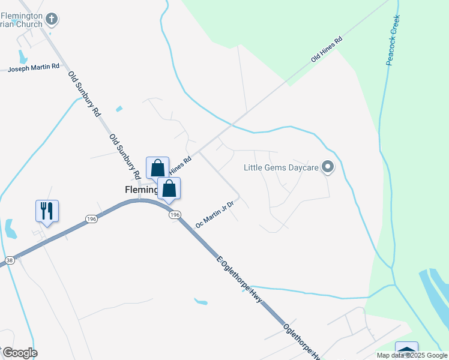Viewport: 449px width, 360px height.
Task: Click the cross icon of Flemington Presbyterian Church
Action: point(52,19)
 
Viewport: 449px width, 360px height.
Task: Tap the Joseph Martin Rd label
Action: point(34,68)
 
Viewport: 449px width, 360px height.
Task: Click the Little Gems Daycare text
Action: point(280,167)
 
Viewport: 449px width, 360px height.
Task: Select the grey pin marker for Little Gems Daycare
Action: point(327,167)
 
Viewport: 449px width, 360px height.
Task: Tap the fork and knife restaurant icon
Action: point(47,211)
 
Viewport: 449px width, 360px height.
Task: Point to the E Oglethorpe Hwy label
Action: point(240,278)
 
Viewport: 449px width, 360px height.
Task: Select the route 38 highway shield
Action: point(9,260)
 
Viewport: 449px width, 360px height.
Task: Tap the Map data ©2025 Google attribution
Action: point(412,355)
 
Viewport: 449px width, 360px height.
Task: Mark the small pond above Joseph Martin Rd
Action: point(23,57)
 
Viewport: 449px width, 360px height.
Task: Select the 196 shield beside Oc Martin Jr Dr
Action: point(174,214)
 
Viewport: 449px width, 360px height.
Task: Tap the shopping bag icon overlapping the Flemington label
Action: point(169,188)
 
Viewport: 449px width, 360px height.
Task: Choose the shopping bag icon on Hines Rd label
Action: point(157,168)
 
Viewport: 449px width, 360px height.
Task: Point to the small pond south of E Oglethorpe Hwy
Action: point(200,301)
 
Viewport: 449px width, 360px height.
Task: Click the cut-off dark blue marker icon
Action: point(406,350)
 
